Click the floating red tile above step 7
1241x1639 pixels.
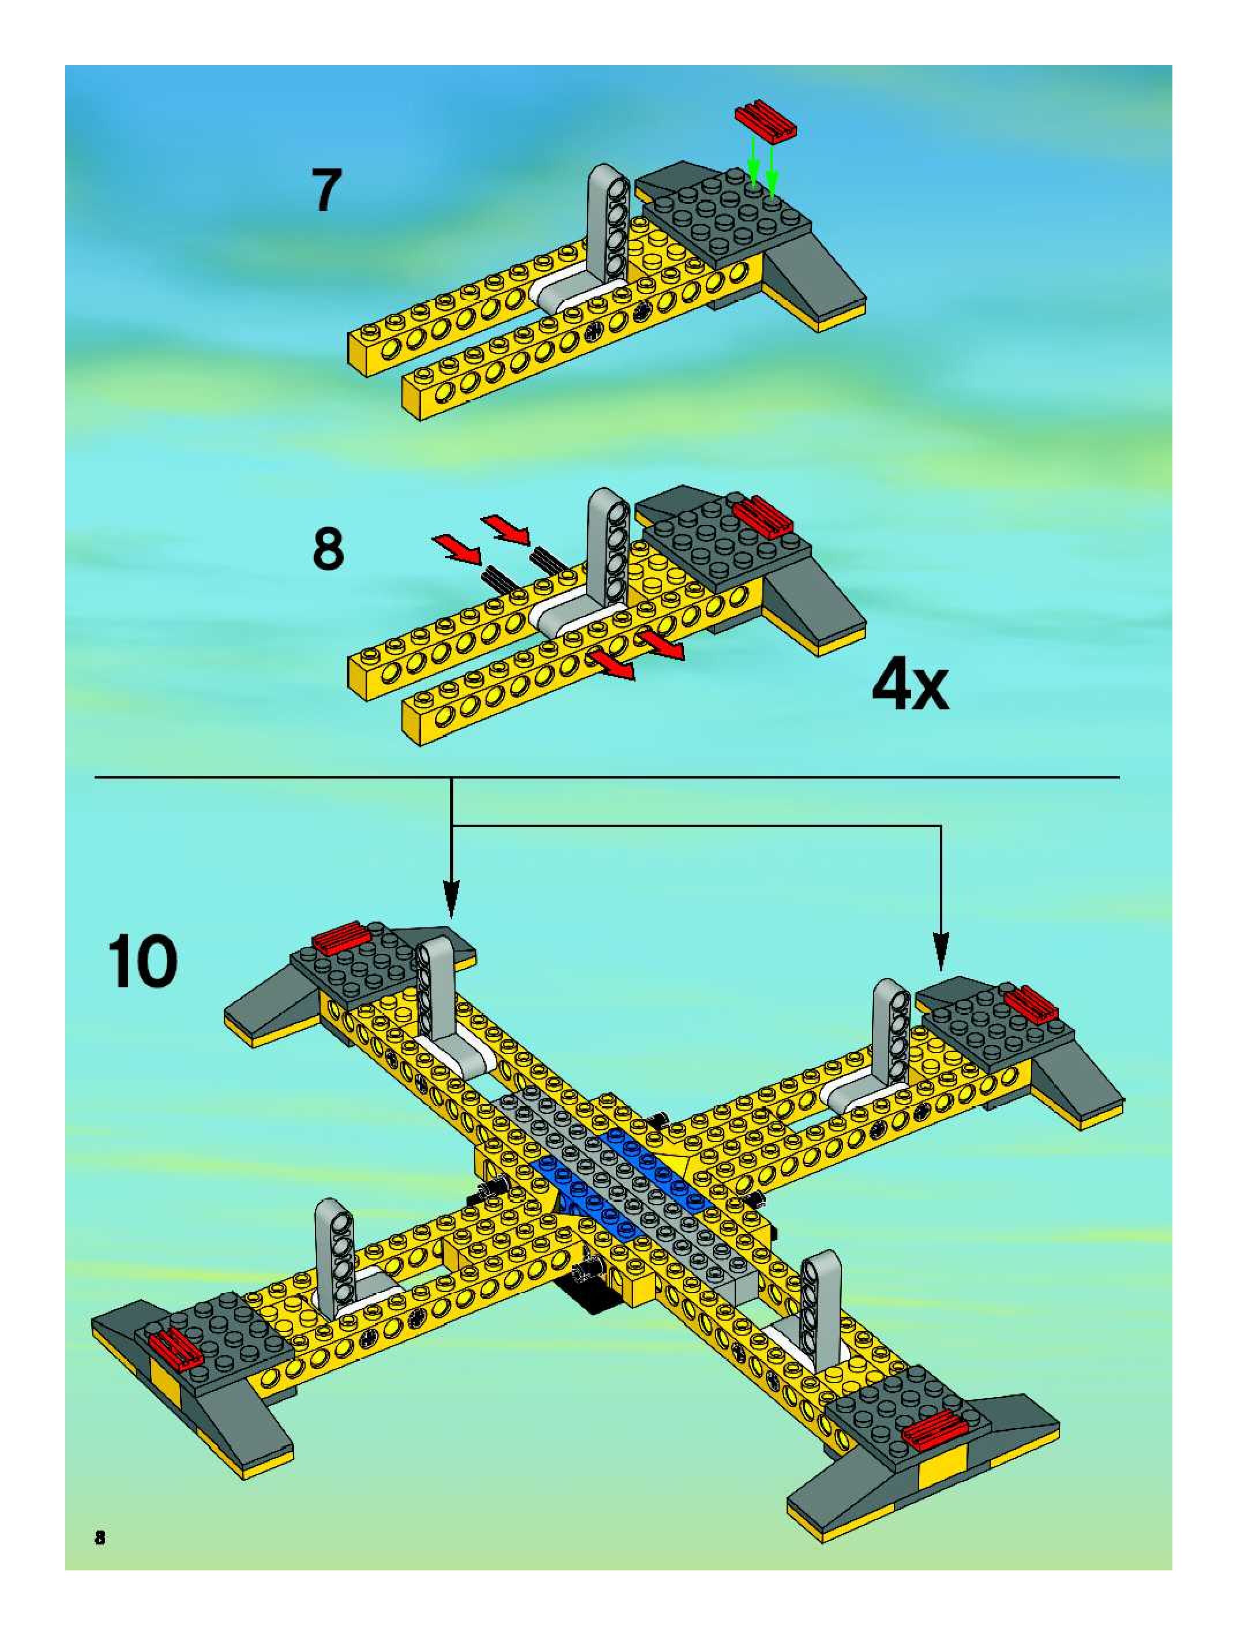[x=765, y=119]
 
